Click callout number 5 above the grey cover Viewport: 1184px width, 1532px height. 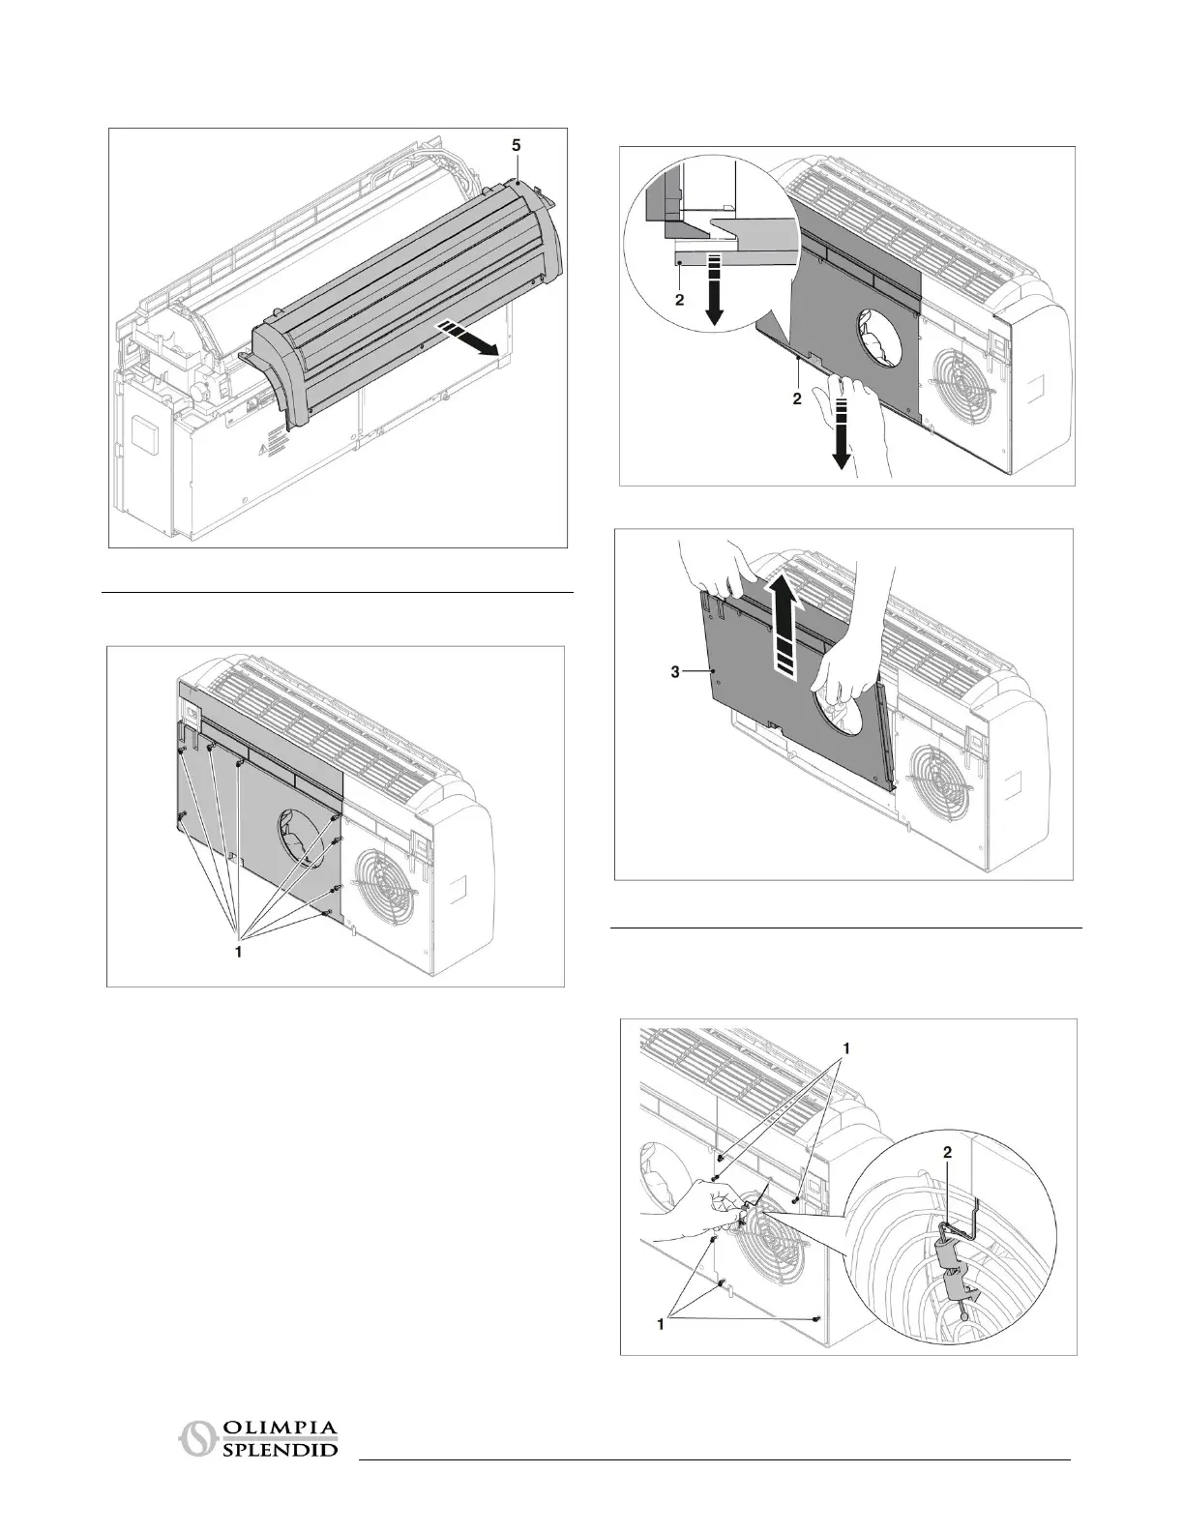click(x=516, y=144)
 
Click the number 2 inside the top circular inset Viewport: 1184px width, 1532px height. click(x=679, y=300)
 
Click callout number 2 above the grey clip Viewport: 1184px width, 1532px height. click(x=948, y=1152)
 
